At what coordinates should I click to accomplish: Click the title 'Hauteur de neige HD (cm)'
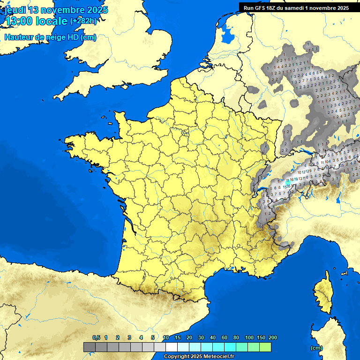51,37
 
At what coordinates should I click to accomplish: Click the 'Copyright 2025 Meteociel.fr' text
199,356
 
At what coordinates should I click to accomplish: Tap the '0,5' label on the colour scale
96,337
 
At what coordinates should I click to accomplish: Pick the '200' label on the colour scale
272,337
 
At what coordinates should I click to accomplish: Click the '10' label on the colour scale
166,337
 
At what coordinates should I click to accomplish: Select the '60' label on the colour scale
225,337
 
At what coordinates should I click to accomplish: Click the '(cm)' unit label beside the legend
316,348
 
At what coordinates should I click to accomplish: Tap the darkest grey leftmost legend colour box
89,347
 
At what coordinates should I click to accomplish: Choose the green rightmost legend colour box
265,347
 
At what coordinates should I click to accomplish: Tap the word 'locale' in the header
52,21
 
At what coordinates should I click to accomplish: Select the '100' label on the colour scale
249,337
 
